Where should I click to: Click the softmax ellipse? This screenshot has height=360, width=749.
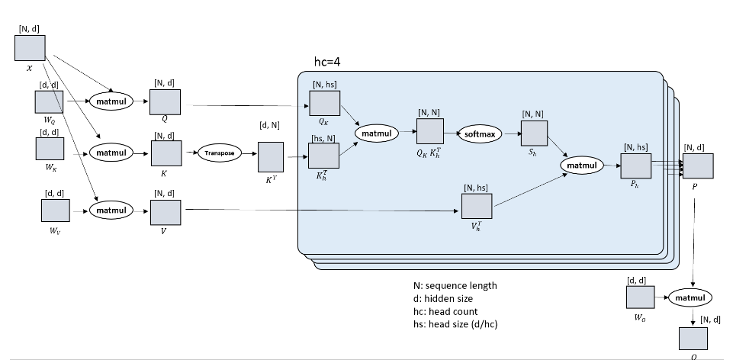(x=480, y=134)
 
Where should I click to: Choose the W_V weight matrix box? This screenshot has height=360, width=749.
(x=54, y=209)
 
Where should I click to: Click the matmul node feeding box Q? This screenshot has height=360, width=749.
(x=112, y=100)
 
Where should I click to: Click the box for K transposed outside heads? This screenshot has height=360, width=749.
(x=271, y=156)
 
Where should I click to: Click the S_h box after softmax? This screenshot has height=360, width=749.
(x=534, y=134)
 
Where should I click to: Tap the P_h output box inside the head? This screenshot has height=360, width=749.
(x=635, y=165)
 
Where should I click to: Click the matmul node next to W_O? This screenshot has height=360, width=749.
(x=690, y=297)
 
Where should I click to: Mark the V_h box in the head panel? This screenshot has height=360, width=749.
(x=477, y=205)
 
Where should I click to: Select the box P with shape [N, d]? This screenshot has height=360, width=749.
(x=698, y=165)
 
